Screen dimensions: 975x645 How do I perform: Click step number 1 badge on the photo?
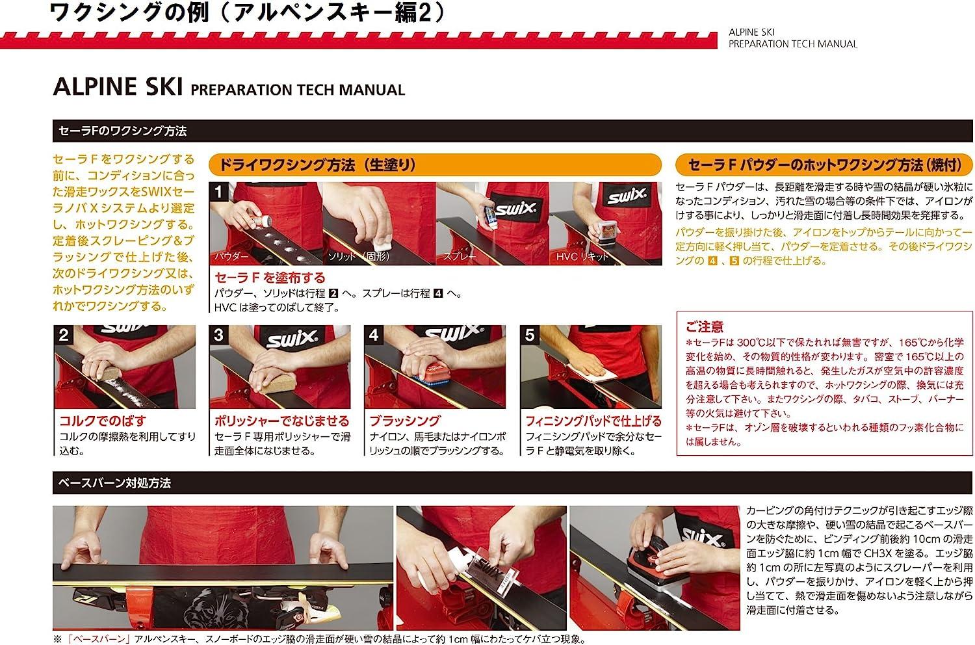tap(218, 192)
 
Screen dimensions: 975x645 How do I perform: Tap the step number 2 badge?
tap(64, 334)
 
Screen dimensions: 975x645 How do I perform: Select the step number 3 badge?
tap(218, 334)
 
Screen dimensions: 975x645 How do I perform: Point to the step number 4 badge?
tap(374, 334)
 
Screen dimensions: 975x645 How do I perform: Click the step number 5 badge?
tap(530, 334)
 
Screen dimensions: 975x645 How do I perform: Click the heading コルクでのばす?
tap(103, 421)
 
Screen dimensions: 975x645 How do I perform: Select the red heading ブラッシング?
tap(405, 421)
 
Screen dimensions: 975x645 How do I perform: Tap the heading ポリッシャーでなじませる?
tap(281, 421)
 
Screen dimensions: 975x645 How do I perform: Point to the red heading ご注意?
tap(704, 326)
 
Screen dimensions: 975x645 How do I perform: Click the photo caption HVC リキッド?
tap(582, 257)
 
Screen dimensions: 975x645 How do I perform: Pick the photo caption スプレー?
tap(459, 257)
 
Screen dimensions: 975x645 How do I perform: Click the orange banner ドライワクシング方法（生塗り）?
tap(435, 165)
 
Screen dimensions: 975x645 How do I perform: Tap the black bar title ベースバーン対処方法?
tap(114, 482)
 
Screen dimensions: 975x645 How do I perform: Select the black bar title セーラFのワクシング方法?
tap(122, 131)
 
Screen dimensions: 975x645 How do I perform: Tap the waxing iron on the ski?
tap(657, 566)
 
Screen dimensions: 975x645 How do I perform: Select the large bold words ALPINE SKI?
tap(118, 86)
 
